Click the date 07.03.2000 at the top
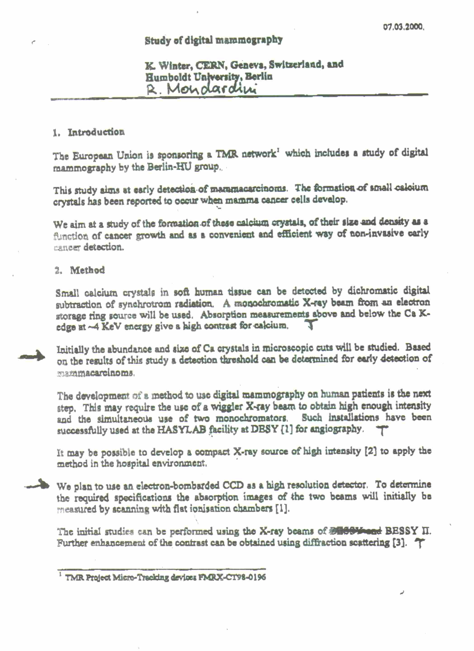pos(403,28)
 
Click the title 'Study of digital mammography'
pos(214,40)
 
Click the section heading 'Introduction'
pos(96,132)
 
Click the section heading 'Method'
pos(88,270)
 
